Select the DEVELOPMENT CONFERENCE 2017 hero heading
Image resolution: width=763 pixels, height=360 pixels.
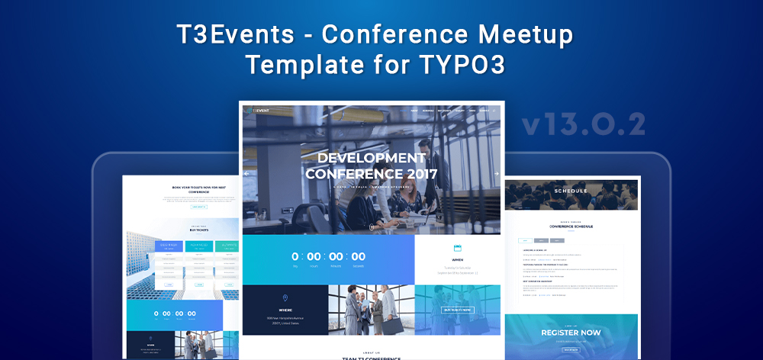click(372, 166)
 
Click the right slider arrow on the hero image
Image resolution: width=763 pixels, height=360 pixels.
click(496, 174)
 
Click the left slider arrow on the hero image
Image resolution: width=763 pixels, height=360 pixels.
click(246, 174)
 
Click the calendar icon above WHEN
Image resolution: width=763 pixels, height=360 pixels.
click(458, 249)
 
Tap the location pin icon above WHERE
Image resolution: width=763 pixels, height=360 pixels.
click(285, 298)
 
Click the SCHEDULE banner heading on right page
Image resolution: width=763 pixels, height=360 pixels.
click(571, 191)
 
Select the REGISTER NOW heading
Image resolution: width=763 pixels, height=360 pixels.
click(571, 333)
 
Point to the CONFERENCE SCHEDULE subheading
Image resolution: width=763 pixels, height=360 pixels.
click(571, 227)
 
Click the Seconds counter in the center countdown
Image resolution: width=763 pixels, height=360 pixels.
click(359, 257)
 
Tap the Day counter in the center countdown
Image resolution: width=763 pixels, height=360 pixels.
click(295, 257)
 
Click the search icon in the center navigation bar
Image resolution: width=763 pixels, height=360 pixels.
click(494, 111)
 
